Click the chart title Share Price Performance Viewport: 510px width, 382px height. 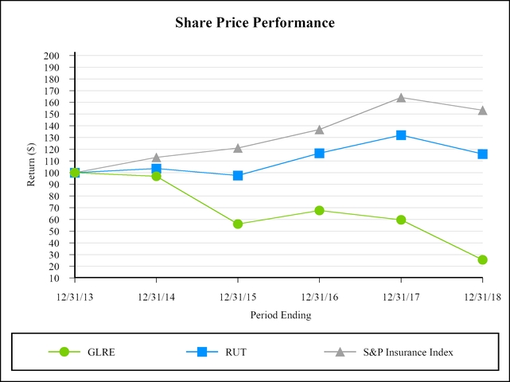coord(255,23)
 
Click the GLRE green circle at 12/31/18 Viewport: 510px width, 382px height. coord(482,259)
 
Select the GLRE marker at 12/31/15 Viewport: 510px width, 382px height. coord(237,224)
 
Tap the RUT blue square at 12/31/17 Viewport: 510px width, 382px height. coord(401,135)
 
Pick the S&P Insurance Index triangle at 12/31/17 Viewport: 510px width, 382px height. coord(401,98)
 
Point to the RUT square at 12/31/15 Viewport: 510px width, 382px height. coord(237,175)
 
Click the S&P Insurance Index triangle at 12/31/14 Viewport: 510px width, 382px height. coord(156,158)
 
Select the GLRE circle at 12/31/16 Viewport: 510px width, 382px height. coord(319,210)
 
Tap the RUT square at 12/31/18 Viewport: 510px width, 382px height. coord(482,154)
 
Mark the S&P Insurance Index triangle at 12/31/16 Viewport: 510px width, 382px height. coord(319,129)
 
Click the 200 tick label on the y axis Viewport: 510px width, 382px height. coord(53,56)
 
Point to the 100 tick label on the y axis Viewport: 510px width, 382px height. coord(53,173)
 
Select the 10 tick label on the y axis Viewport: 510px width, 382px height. coord(55,279)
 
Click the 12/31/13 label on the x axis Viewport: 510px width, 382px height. coord(74,296)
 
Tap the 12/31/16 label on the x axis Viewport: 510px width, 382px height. coord(319,296)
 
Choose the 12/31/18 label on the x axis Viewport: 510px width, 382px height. coord(482,296)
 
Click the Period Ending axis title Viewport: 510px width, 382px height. coord(280,315)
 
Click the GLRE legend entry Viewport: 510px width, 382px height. coord(101,352)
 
